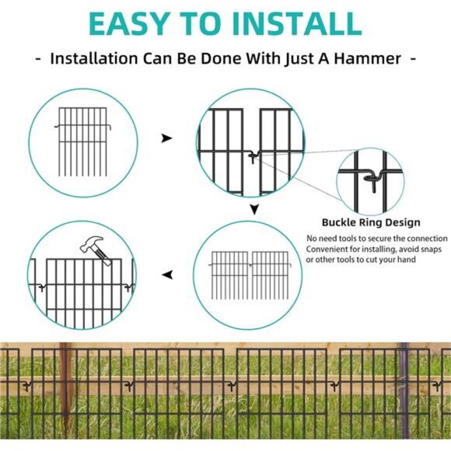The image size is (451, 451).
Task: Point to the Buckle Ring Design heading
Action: click(371, 222)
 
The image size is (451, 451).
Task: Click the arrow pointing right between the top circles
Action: click(166, 138)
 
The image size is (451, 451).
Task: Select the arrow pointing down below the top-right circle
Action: click(253, 209)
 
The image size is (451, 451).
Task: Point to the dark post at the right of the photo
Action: click(404, 389)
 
